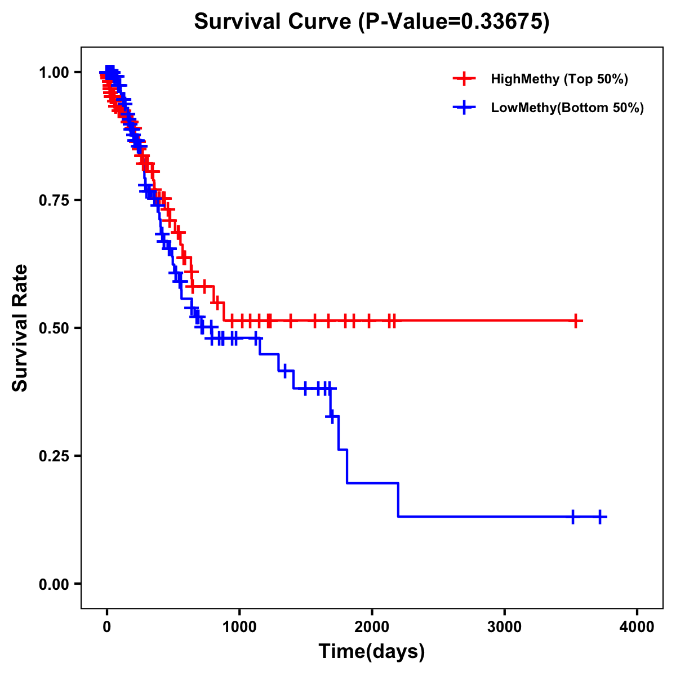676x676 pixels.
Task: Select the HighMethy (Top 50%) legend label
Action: pyautogui.click(x=559, y=79)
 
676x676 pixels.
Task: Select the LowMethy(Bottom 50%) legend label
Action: pyautogui.click(x=567, y=108)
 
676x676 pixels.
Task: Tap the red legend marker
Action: pyautogui.click(x=464, y=79)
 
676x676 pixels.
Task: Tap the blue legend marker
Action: pyautogui.click(x=464, y=108)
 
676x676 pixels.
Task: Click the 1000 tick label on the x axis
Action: pyautogui.click(x=239, y=627)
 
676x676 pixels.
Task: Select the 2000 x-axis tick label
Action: pyautogui.click(x=372, y=627)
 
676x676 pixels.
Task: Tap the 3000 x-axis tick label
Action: pyautogui.click(x=505, y=627)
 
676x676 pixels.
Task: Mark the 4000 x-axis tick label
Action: pyautogui.click(x=637, y=627)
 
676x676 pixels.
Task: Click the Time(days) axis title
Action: pyautogui.click(x=372, y=652)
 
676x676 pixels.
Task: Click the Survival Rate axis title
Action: pyautogui.click(x=21, y=328)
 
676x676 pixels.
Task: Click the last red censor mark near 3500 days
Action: pyautogui.click(x=575, y=321)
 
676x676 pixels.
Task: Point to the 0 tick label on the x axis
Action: pyautogui.click(x=107, y=627)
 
